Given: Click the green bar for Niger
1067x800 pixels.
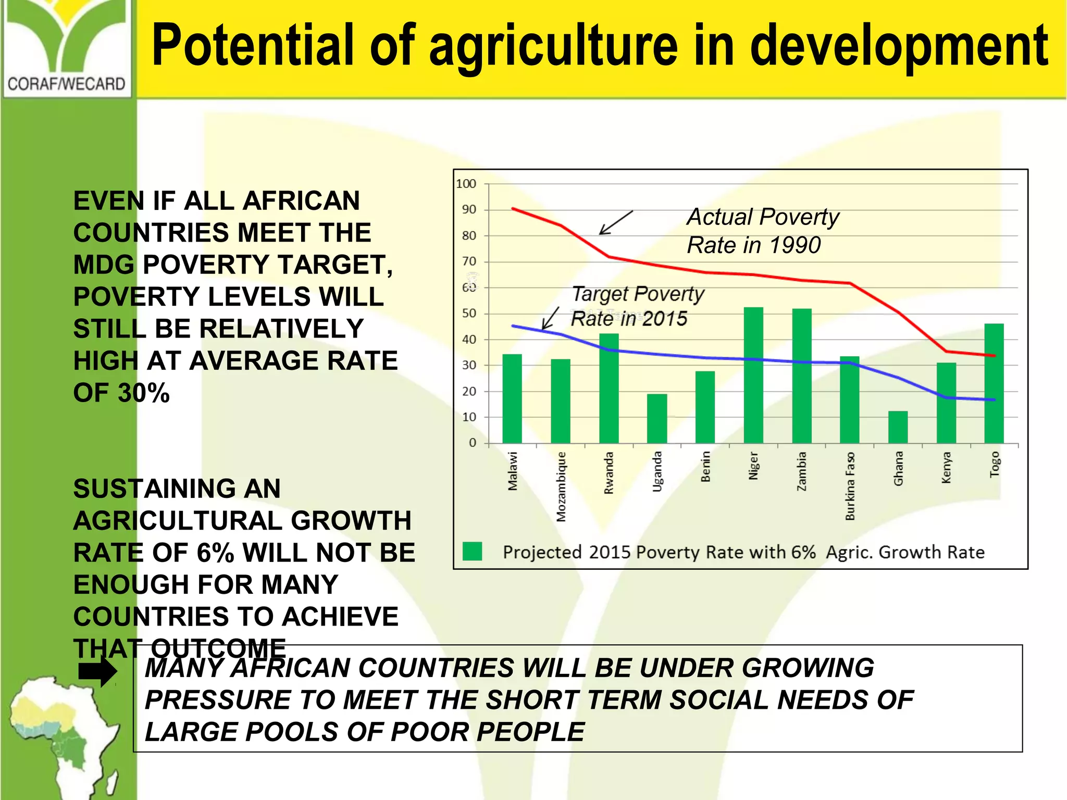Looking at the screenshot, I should [x=753, y=375].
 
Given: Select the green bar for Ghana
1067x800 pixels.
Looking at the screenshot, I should [x=898, y=427].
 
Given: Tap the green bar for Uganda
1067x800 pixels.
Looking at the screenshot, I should [x=657, y=418].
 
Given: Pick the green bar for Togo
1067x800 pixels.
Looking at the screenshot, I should [x=994, y=383].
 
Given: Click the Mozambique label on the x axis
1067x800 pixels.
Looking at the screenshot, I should [x=561, y=486].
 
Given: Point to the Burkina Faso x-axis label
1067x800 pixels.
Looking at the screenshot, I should [x=850, y=486].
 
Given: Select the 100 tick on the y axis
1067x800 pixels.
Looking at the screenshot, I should [x=466, y=184].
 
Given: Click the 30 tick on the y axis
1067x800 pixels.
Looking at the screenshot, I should [x=469, y=366].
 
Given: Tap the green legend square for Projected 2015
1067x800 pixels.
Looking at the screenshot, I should [x=472, y=552].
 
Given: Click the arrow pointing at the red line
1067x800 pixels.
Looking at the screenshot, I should [x=616, y=222].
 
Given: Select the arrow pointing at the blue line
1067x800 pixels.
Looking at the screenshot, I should [x=550, y=318].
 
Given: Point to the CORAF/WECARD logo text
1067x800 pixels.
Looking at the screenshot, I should [x=67, y=84].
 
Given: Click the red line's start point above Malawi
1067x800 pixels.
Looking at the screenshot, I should [x=513, y=208].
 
